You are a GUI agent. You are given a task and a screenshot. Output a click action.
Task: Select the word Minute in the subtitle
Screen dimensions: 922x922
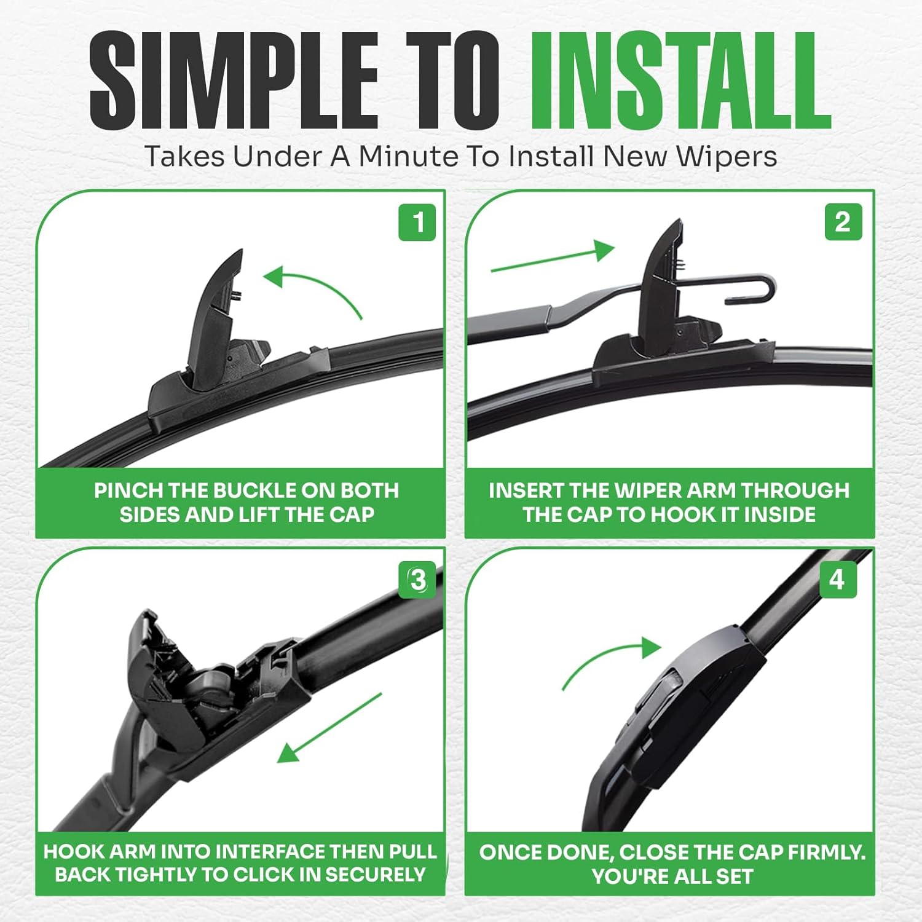click(x=408, y=156)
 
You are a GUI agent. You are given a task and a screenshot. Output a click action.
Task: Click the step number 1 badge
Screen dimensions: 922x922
click(x=417, y=223)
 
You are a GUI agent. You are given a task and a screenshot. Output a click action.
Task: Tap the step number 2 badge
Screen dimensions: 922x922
click(x=843, y=222)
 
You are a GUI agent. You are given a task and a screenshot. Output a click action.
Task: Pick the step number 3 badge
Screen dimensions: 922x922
click(x=418, y=580)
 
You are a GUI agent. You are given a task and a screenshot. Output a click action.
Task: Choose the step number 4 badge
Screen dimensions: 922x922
click(x=837, y=579)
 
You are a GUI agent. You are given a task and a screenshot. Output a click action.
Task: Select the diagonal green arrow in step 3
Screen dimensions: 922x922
click(x=329, y=728)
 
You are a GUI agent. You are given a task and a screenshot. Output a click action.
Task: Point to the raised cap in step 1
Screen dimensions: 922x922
click(x=215, y=307)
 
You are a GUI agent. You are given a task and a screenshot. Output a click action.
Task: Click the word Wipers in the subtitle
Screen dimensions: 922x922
click(x=727, y=156)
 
